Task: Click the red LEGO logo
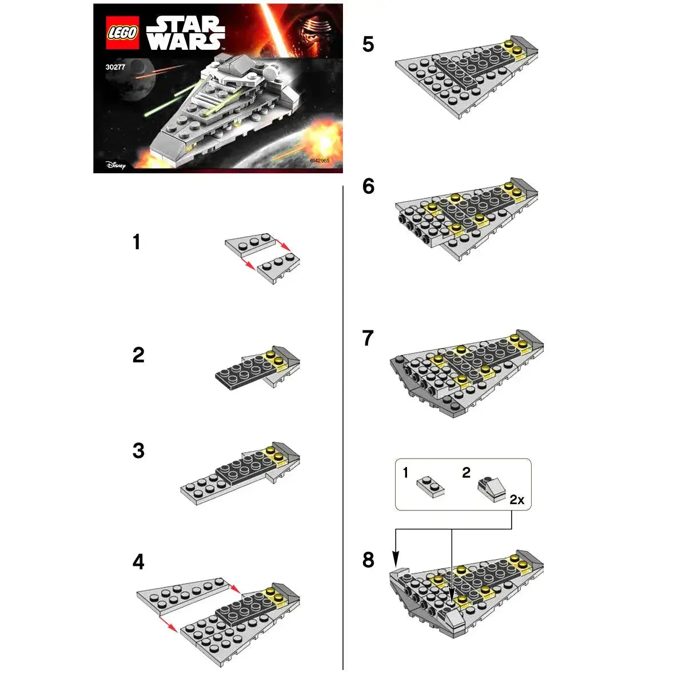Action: point(122,33)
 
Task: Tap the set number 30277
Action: point(115,66)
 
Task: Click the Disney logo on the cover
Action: point(115,165)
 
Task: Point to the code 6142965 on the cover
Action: point(320,161)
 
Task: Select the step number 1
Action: point(137,242)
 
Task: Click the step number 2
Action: point(138,355)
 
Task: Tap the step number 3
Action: point(138,450)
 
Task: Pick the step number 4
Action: point(138,562)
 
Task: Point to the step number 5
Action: point(368,45)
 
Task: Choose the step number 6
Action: point(368,186)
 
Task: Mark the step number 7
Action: point(368,338)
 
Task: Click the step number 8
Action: point(368,560)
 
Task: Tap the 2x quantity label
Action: point(517,500)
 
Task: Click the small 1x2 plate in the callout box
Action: point(431,486)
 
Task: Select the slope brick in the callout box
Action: point(492,489)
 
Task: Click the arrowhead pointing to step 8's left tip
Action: point(396,559)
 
